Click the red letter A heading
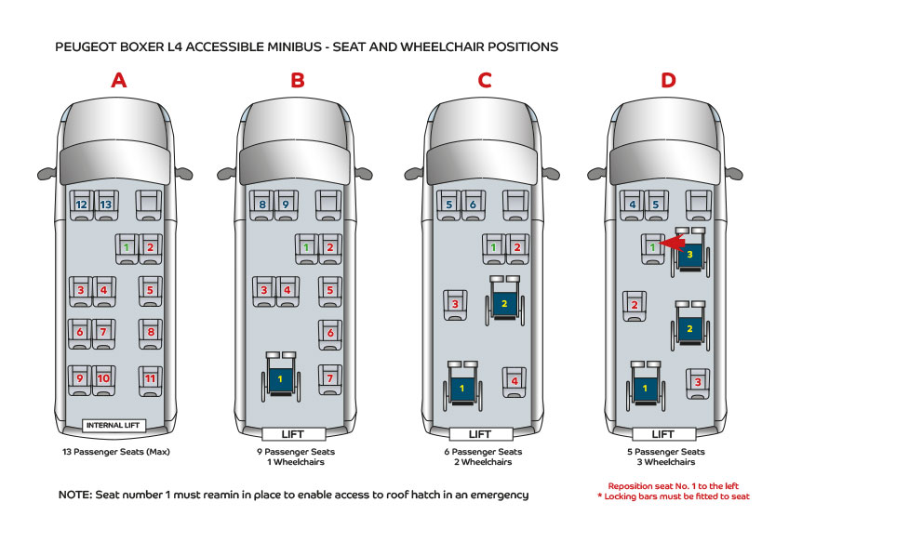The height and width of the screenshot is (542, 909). (x=118, y=80)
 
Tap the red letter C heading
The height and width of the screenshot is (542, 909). (x=484, y=80)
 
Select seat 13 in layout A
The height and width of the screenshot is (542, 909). (x=106, y=204)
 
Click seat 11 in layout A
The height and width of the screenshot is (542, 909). (x=150, y=378)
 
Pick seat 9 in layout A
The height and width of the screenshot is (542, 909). (x=80, y=378)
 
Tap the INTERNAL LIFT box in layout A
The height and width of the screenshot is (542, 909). (x=114, y=426)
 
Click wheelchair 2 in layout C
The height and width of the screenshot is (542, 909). (x=503, y=301)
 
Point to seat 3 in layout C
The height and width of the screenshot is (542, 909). (x=455, y=304)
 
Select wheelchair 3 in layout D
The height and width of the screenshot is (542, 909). (x=689, y=252)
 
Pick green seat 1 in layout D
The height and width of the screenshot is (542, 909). (x=653, y=247)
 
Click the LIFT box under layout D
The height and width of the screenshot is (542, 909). (x=663, y=434)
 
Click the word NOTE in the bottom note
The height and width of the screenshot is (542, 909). (x=75, y=495)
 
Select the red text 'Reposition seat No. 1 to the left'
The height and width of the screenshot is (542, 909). (x=672, y=485)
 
